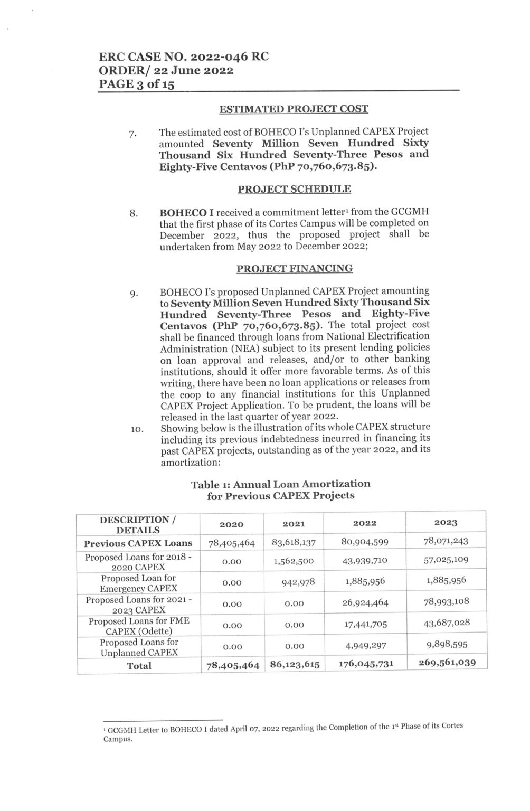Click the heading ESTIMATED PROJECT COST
point(294,109)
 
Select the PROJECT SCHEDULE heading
point(294,189)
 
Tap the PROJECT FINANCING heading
point(294,269)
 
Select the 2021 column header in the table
point(294,524)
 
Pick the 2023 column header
point(446,523)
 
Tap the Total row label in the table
point(139,666)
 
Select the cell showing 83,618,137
point(294,542)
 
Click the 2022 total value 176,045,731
point(364,664)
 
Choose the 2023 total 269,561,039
point(447,663)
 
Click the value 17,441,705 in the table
point(365,625)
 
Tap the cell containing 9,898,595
point(447,644)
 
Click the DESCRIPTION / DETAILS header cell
point(138,525)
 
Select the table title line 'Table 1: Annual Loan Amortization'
point(280,484)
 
